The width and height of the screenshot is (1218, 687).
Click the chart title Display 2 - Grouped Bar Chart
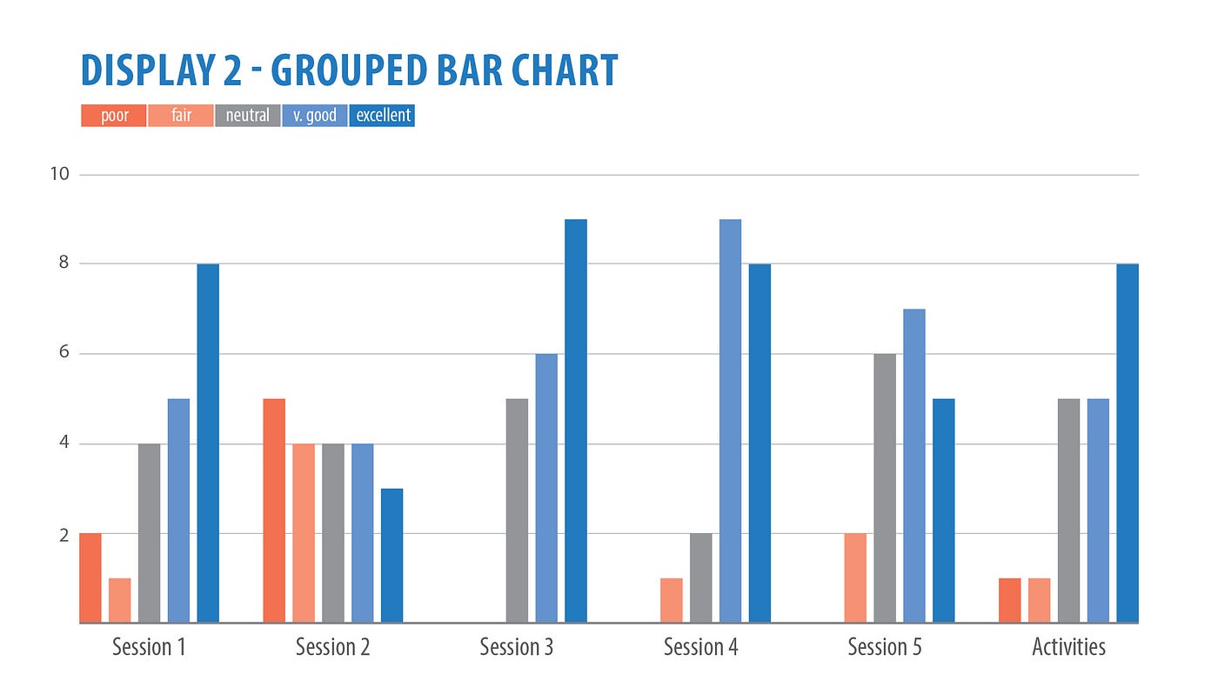coord(349,71)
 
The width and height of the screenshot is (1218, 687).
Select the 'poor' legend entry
coord(114,116)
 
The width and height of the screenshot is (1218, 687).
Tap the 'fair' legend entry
coord(181,116)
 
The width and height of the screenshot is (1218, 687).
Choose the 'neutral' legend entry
coord(248,116)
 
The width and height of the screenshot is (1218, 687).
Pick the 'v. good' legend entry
coord(315,116)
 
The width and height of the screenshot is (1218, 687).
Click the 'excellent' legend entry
coord(383,116)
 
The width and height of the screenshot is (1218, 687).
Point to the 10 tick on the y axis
coord(59,174)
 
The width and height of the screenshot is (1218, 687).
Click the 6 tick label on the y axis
coord(64,354)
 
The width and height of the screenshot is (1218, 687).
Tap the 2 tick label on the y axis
coord(64,535)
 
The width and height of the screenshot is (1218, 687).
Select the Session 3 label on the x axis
coord(517,648)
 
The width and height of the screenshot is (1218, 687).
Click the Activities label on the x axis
coord(1068,648)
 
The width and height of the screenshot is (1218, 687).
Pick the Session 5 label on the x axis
coord(885,648)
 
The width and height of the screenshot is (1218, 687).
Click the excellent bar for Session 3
coord(576,422)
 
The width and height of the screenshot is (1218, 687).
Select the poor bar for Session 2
coord(274,511)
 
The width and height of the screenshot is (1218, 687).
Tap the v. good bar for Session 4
coord(731,422)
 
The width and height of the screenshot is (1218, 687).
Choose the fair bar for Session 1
coord(120,601)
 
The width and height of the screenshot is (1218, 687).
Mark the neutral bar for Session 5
coord(885,489)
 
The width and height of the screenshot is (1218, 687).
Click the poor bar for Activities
coord(1010,601)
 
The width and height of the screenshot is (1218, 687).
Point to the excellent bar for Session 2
coord(391,557)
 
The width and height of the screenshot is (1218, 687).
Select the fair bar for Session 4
coord(672,601)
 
